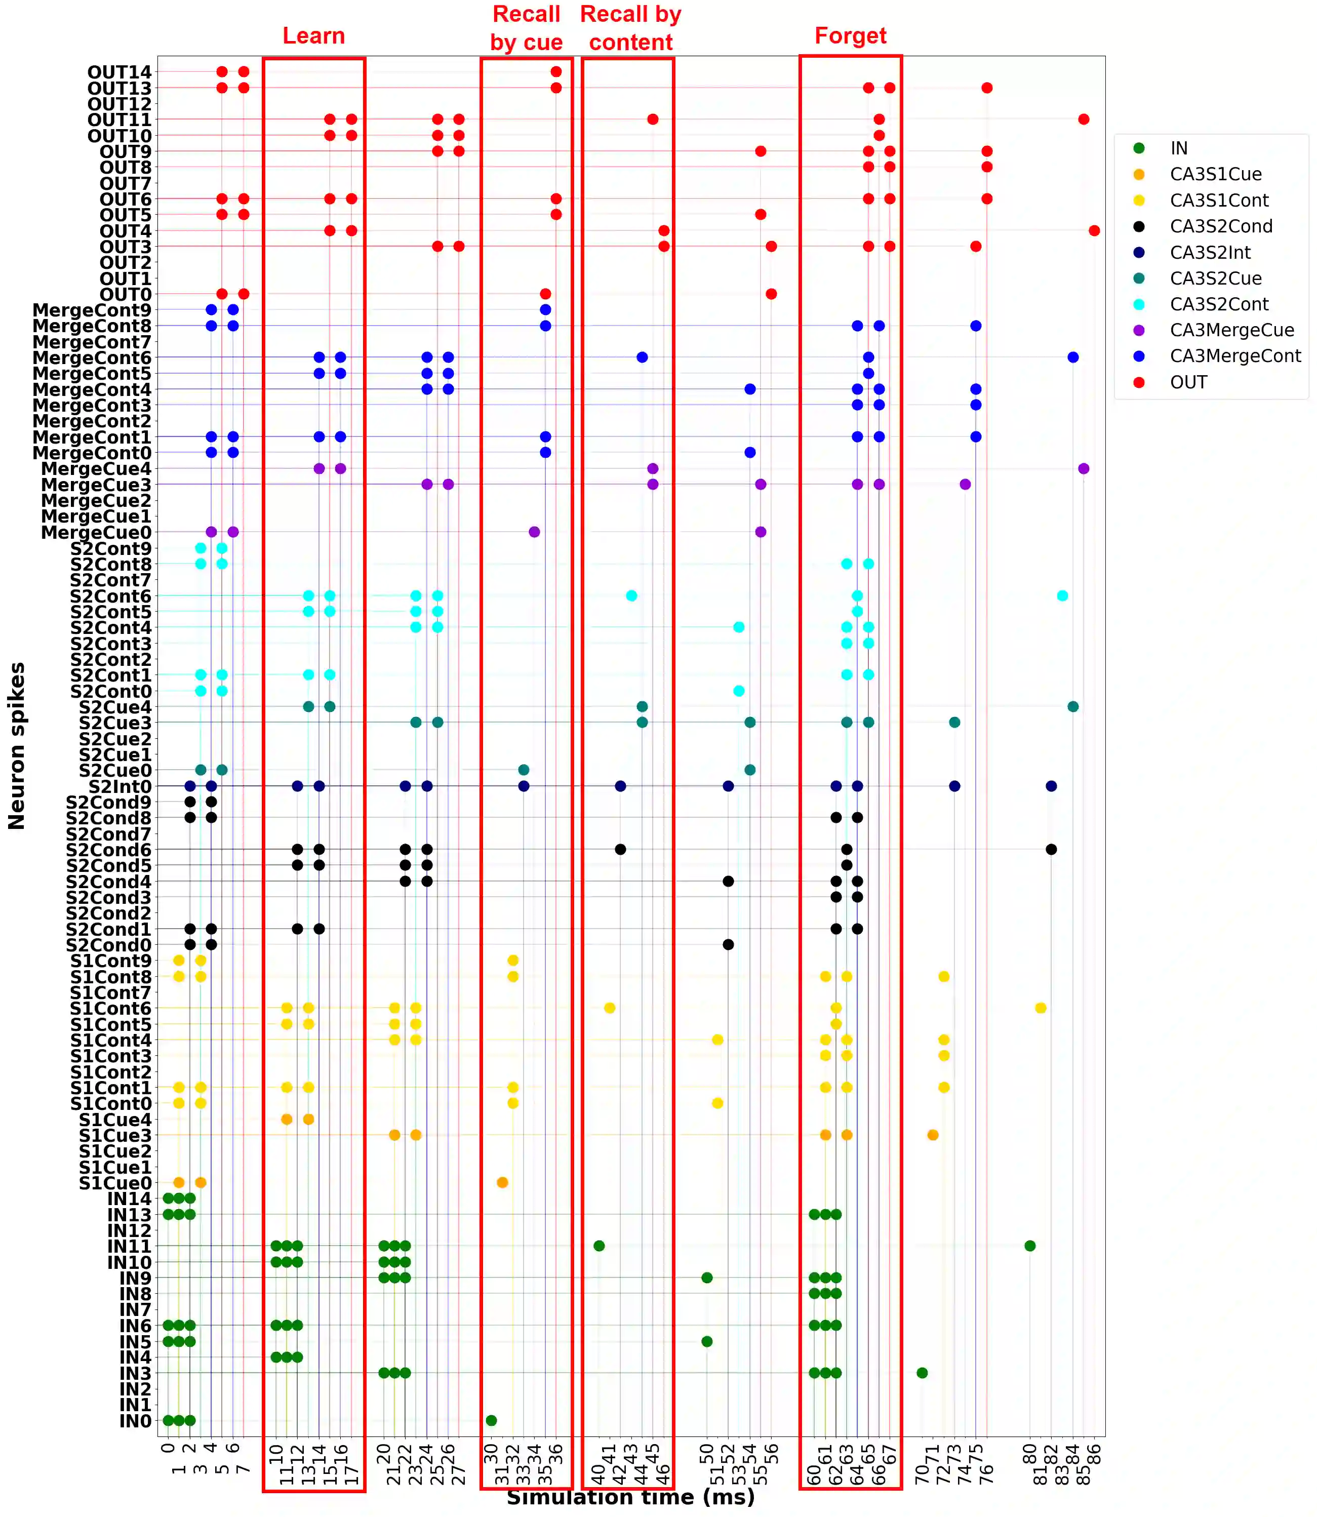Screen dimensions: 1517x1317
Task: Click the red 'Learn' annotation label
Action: point(314,36)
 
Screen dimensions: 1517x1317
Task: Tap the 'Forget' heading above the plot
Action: point(850,36)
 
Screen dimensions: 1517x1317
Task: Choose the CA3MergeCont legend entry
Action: point(1234,356)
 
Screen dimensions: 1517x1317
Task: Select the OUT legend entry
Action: point(1188,382)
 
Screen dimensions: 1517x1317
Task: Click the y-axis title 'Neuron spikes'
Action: point(16,745)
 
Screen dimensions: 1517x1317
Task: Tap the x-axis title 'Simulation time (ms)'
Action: point(630,1496)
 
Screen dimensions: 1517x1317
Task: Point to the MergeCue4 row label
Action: point(96,469)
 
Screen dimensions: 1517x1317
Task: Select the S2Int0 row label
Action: point(120,786)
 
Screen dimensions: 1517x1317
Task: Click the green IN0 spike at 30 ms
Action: point(491,1420)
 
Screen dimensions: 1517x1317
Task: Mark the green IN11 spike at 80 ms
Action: point(1029,1246)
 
